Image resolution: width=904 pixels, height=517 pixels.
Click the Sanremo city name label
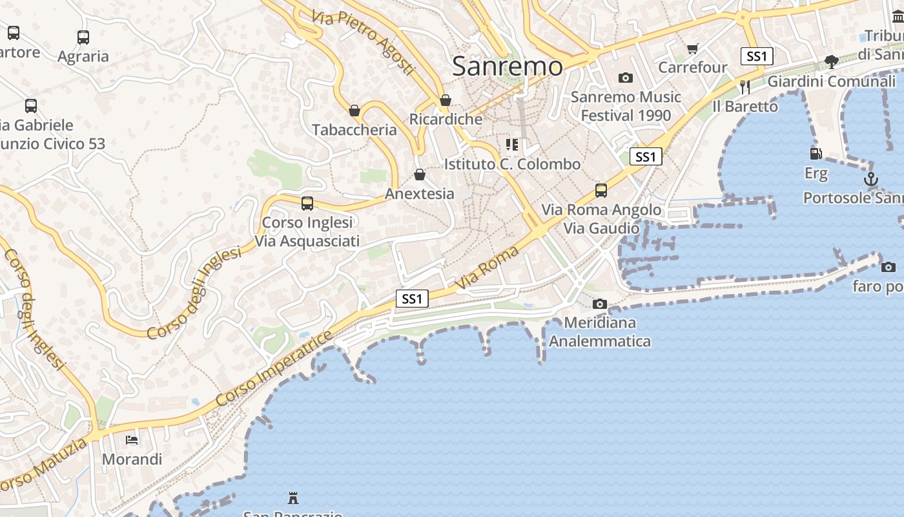tap(508, 66)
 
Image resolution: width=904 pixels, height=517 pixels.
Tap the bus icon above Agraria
tap(83, 37)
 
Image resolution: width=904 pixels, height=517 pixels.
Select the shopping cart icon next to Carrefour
tap(693, 48)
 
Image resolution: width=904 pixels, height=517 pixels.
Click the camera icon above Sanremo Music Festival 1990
tap(625, 78)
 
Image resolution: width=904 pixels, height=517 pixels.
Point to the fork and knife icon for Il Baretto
tap(745, 87)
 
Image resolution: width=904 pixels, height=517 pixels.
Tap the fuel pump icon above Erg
tap(816, 154)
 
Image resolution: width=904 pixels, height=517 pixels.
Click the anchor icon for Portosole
tap(871, 179)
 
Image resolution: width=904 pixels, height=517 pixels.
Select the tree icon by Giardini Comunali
tap(832, 62)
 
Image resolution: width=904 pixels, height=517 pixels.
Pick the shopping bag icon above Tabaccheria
tap(354, 111)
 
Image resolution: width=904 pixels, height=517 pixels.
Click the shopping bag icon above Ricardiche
tap(445, 101)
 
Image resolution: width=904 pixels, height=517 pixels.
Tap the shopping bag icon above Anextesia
tap(420, 174)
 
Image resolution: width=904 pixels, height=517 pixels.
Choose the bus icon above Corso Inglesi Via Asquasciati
tap(307, 204)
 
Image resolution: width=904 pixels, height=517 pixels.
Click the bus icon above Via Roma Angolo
tap(601, 191)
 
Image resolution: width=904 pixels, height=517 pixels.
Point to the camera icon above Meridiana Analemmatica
tap(599, 304)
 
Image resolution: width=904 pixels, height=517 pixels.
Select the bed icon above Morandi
tap(132, 440)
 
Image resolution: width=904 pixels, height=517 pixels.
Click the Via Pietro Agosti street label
tap(362, 41)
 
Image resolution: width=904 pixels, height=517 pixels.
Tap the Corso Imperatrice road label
tap(274, 368)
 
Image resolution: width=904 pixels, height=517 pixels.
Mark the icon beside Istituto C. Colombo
tap(512, 145)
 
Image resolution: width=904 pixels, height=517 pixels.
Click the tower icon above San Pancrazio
tap(293, 498)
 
